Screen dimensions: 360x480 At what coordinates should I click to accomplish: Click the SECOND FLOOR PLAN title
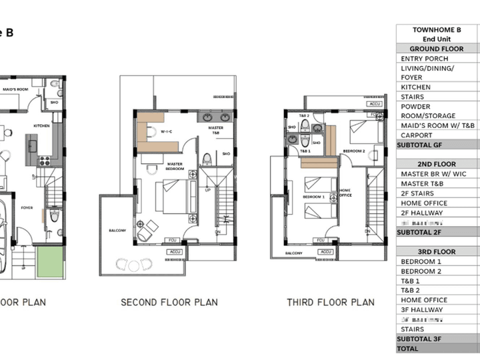pyautogui.click(x=169, y=303)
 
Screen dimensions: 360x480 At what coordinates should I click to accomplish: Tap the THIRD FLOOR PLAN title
pyautogui.click(x=331, y=303)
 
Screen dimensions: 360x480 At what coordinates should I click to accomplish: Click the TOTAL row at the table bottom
pyautogui.click(x=408, y=349)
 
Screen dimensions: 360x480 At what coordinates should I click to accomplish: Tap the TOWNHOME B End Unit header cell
pyautogui.click(x=437, y=35)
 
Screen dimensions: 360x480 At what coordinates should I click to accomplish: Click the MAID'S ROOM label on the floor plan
pyautogui.click(x=14, y=89)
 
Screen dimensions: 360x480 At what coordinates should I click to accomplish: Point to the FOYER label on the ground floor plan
pyautogui.click(x=27, y=207)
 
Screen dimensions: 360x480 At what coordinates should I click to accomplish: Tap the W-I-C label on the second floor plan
pyautogui.click(x=166, y=132)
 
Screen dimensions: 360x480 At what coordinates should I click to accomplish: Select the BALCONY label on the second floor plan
pyautogui.click(x=117, y=231)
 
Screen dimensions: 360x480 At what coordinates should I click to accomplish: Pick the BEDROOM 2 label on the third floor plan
pyautogui.click(x=354, y=151)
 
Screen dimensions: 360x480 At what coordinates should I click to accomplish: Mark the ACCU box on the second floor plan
pyautogui.click(x=176, y=252)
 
